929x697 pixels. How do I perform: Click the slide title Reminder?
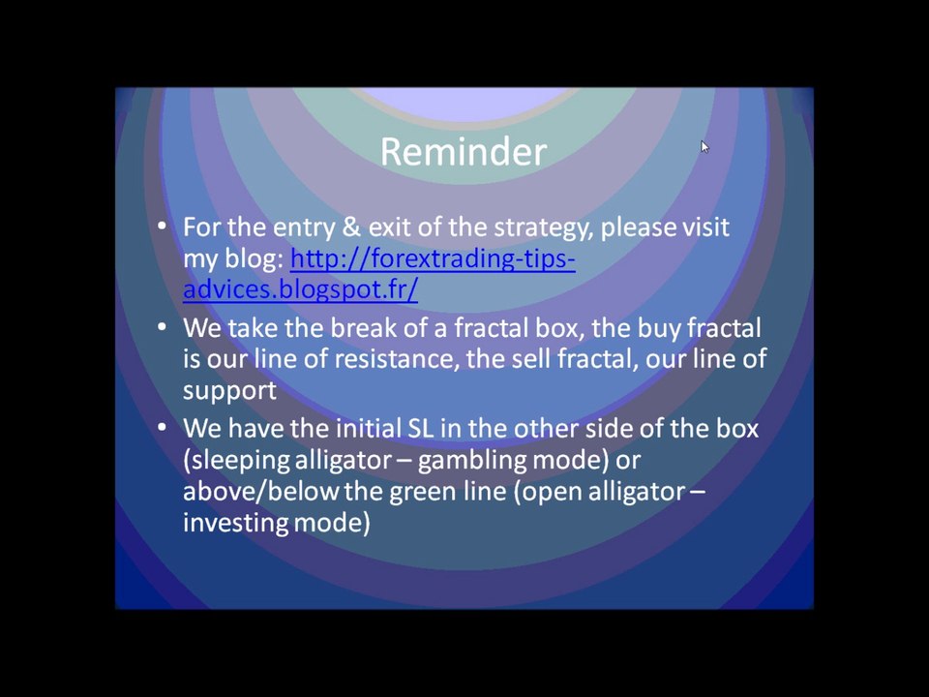coord(464,152)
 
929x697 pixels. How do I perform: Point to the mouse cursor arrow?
coord(704,147)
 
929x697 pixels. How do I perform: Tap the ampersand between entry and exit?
coord(350,227)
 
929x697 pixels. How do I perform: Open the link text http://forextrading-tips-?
coord(434,259)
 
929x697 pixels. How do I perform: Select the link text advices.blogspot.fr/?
coord(300,289)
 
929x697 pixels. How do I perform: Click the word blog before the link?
coord(255,259)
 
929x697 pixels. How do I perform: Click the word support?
coord(229,391)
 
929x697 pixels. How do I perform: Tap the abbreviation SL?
coord(421,429)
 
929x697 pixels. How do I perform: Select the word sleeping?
coord(240,461)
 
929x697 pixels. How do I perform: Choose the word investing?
coord(235,524)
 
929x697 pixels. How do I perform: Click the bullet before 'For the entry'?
coord(163,226)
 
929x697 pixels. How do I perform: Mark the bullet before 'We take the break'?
coord(163,326)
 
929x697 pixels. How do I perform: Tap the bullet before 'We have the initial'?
coord(163,427)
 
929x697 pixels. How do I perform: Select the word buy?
coord(658,329)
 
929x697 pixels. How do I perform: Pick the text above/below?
coord(260,492)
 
